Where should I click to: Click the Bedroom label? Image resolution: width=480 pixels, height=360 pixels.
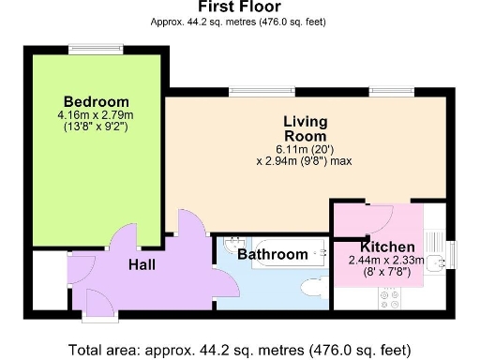point(97,101)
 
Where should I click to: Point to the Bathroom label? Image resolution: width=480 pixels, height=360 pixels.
point(272,254)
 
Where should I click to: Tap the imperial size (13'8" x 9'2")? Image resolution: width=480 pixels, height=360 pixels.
point(97,127)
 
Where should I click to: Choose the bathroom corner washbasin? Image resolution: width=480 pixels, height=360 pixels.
point(232,243)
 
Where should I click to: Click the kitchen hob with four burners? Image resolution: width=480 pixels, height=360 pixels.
point(390,299)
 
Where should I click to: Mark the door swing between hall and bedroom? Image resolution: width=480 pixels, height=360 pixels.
point(125,242)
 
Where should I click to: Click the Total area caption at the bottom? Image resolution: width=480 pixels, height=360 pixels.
point(239,350)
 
